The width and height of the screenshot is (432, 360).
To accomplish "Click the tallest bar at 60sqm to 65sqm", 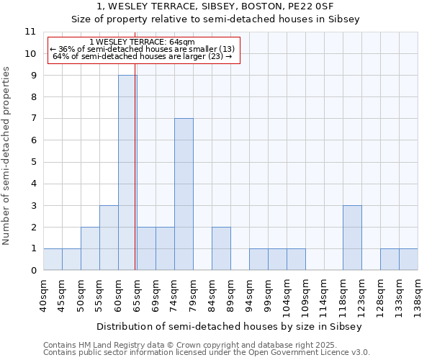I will [x=127, y=173].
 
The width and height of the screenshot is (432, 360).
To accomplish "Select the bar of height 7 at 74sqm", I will [x=184, y=194].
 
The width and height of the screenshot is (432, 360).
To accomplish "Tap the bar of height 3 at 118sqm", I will [x=352, y=238].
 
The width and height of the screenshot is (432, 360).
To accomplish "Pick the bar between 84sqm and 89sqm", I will [x=221, y=248].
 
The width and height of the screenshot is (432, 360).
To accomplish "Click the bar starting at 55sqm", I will [x=109, y=238].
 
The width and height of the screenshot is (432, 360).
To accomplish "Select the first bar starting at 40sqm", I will [x=53, y=259].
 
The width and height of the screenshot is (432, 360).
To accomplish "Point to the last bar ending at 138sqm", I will [x=408, y=259].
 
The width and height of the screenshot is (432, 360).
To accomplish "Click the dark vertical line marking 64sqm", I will [x=135, y=173].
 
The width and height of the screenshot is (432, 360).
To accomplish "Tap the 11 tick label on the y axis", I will [x=30, y=32].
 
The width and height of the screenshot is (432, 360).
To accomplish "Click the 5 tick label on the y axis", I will [x=33, y=162].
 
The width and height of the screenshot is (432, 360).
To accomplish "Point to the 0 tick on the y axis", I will [x=33, y=271].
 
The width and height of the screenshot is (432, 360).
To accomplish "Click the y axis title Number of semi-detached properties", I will [x=7, y=156].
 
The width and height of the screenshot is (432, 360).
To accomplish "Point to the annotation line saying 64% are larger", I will [x=142, y=56].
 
